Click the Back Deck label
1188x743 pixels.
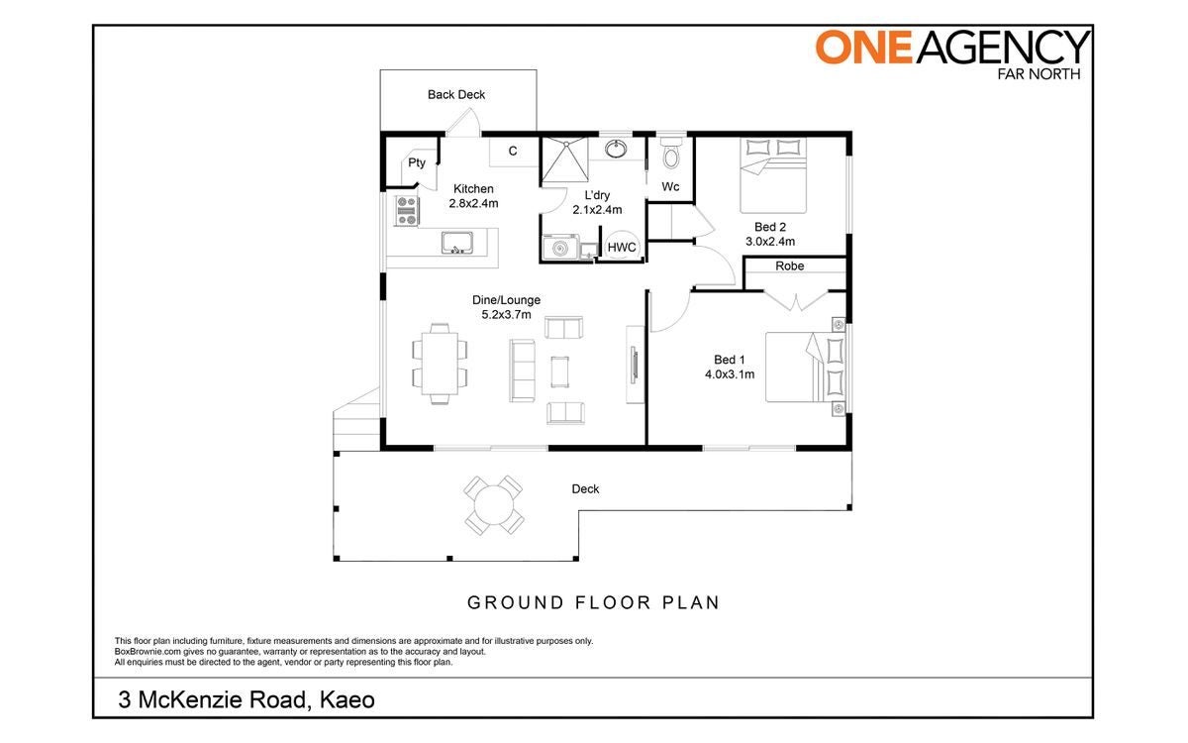456,94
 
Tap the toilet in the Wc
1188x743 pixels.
671,153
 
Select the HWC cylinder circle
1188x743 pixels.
622,247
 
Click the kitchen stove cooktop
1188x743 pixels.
407,211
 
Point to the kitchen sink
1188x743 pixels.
456,243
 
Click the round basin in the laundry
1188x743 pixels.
615,149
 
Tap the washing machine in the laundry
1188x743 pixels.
560,248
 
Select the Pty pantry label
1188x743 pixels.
417,162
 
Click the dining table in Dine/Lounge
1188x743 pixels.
440,364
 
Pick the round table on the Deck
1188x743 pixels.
494,504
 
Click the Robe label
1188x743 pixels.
790,265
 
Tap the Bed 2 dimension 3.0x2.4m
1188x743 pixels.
770,242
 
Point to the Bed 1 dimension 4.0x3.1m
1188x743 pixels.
730,374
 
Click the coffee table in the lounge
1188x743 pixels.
559,371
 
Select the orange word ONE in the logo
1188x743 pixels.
864,47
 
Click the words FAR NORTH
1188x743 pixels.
1039,73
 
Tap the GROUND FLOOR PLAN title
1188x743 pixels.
593,602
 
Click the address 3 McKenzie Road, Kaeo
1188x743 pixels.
247,699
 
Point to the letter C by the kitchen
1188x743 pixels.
513,152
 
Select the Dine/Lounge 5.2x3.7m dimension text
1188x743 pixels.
506,315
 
